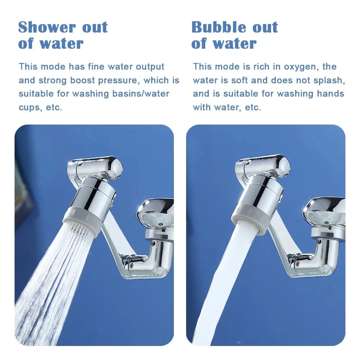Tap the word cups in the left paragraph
coord(30,107)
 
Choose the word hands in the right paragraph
coord(330,94)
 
